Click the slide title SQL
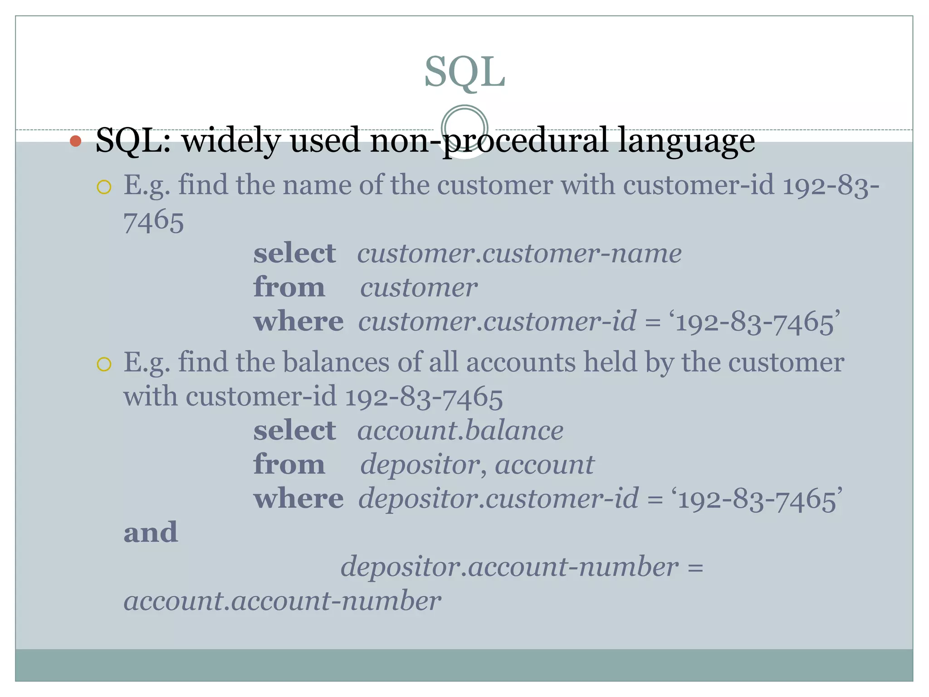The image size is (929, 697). coord(464,73)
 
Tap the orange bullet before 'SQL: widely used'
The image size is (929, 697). coord(76,142)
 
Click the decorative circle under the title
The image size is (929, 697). coord(464,128)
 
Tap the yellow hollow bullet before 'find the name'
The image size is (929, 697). coord(104,187)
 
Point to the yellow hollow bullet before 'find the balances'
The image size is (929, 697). coord(104,364)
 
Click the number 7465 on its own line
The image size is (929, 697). coord(154,221)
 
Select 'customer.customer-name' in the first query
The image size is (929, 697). coord(519,253)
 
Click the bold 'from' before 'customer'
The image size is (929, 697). coord(289,287)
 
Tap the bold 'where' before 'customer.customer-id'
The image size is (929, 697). coord(298,322)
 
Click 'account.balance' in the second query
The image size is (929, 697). coord(460,430)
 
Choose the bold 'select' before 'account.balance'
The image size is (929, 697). coord(294,430)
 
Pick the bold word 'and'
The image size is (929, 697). coord(151,532)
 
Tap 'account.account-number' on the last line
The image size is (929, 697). coord(282,601)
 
